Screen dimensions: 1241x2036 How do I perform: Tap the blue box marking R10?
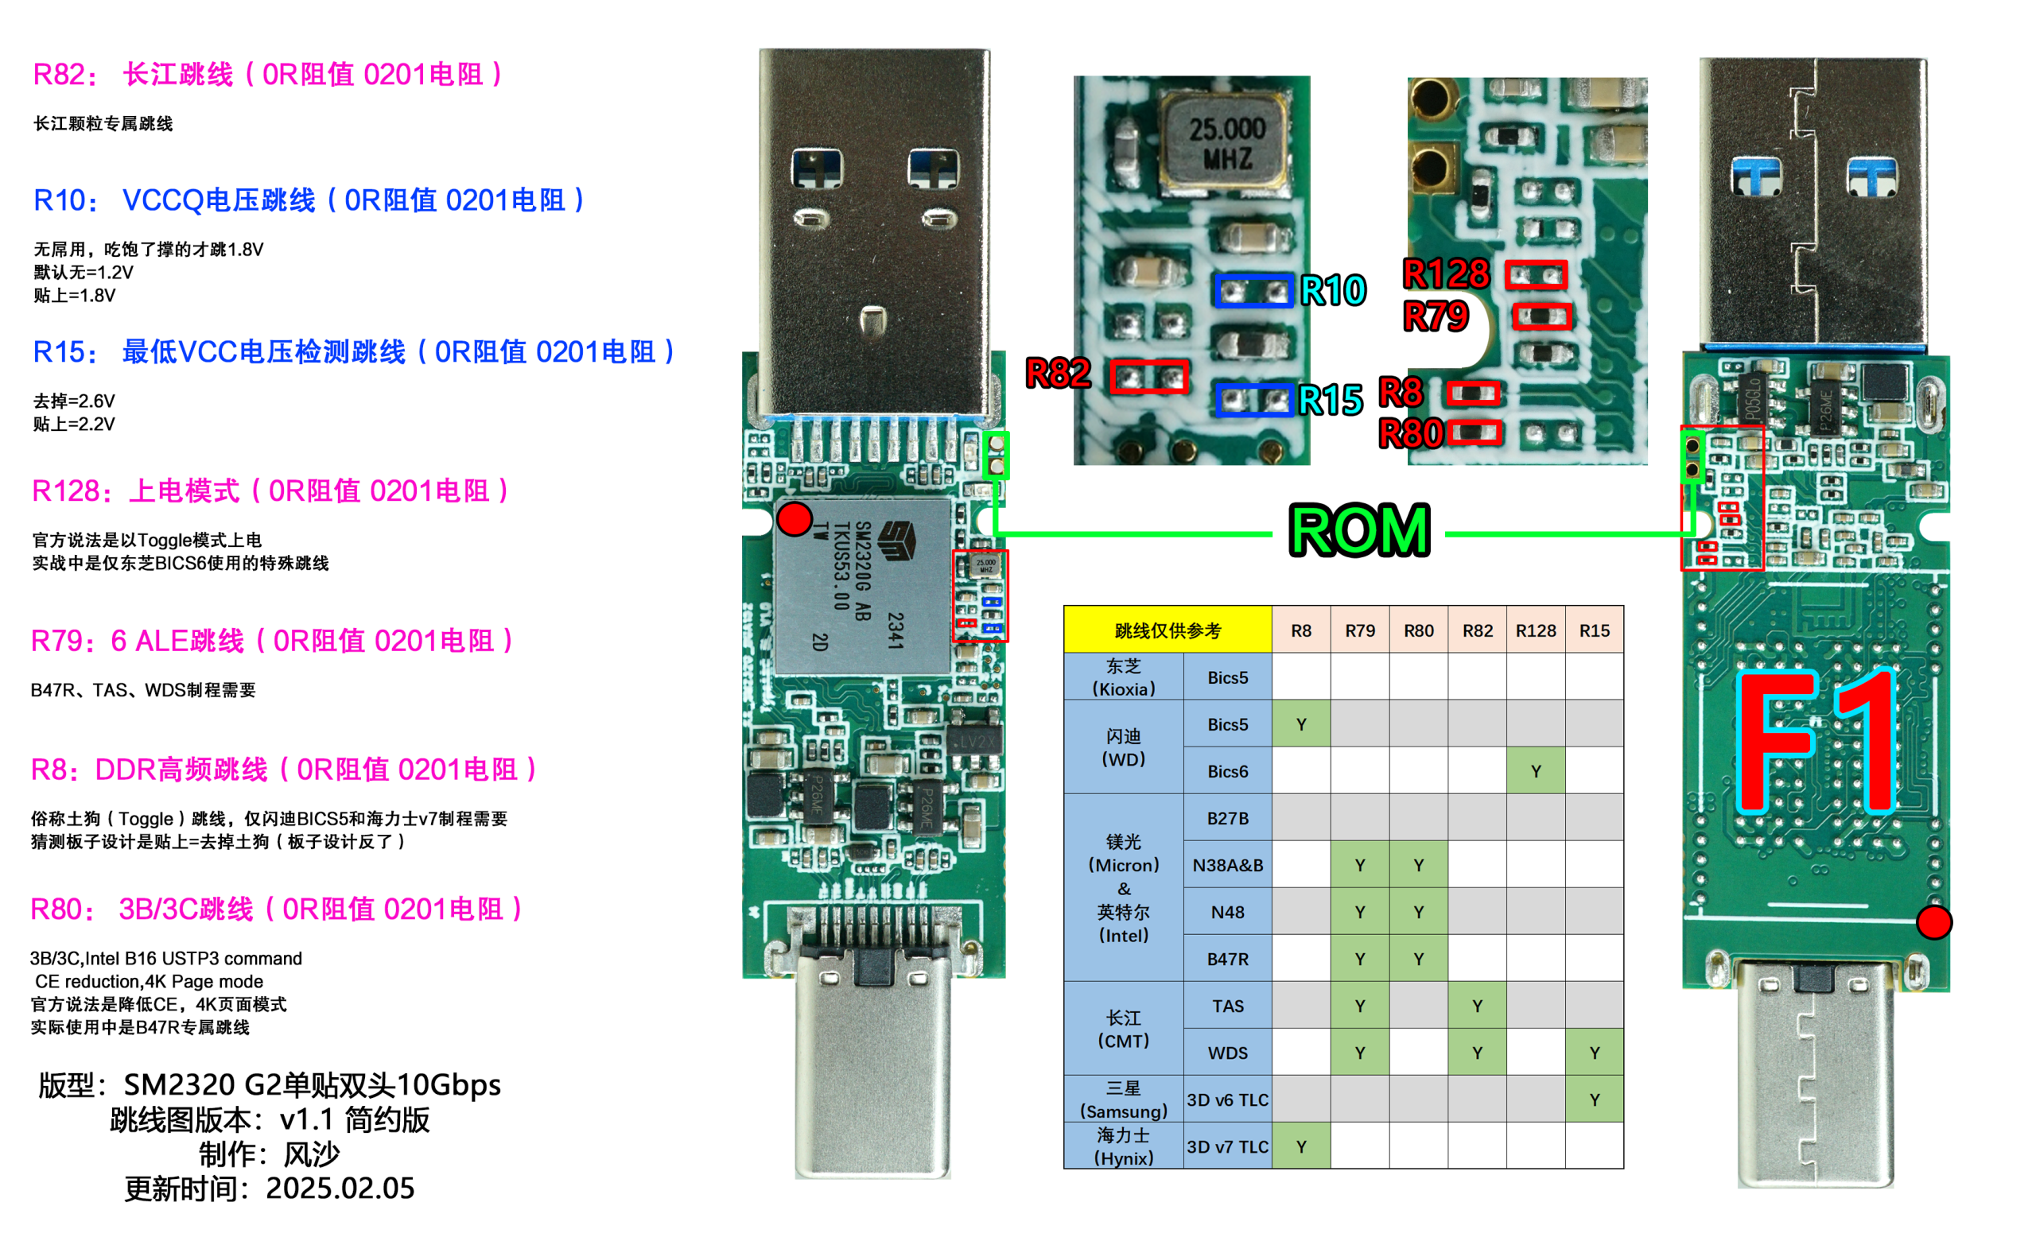(1253, 291)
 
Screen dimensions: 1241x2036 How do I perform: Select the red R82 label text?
(1058, 374)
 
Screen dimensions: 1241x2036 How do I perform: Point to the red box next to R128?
(1535, 274)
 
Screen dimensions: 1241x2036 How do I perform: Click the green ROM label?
(1359, 530)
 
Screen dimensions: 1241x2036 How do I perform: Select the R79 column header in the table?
(1359, 630)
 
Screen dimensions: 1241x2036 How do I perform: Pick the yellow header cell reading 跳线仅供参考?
(1167, 630)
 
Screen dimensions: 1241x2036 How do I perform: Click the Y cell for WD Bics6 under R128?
(1535, 771)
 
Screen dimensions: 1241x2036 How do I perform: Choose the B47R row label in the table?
(1227, 959)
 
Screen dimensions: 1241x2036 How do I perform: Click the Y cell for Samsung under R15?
(1594, 1099)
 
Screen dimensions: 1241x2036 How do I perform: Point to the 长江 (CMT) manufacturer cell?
(1123, 1029)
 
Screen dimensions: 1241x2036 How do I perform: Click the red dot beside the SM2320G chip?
(794, 519)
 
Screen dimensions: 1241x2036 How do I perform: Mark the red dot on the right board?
(1933, 922)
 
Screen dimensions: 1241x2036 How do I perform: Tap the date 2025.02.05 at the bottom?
(340, 1188)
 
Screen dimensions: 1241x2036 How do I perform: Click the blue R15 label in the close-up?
(1330, 401)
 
